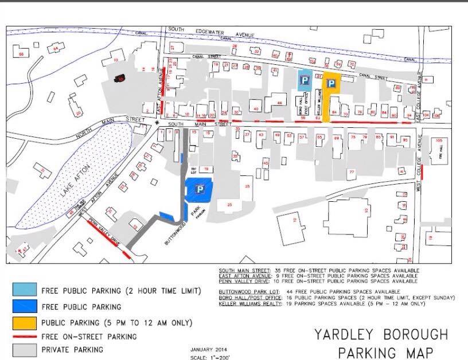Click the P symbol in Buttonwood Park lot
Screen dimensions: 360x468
coord(200,189)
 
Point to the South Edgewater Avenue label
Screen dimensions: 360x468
coord(212,35)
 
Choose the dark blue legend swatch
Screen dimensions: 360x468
coord(22,307)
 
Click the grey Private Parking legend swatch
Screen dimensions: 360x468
coord(22,349)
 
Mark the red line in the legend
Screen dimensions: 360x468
coord(22,336)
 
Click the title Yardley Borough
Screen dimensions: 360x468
coord(381,334)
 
